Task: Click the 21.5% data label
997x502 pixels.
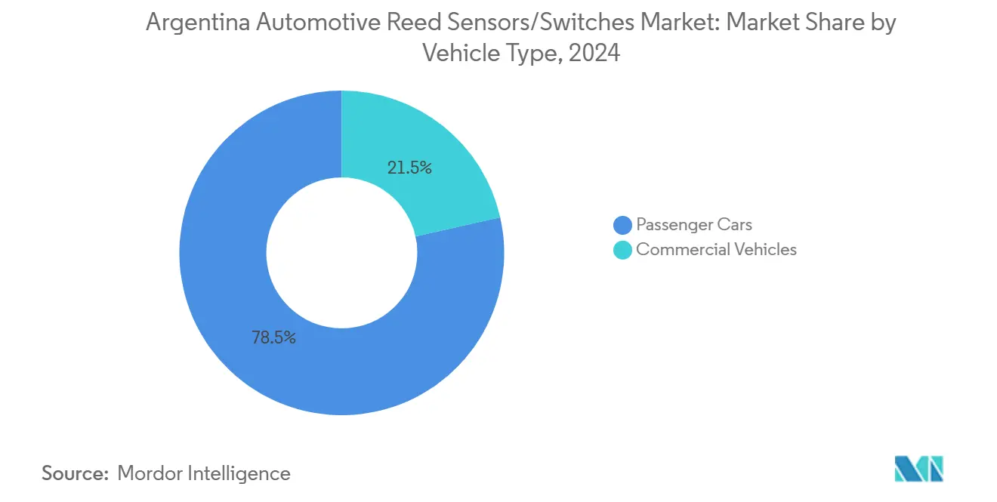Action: click(409, 168)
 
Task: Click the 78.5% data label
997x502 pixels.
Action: click(273, 337)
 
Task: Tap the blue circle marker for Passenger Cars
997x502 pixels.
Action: click(622, 225)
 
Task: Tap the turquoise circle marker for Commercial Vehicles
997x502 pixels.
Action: click(622, 250)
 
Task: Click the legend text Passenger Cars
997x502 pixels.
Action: click(694, 225)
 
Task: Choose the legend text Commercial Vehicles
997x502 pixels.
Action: click(716, 250)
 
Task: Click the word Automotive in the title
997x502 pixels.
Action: click(317, 23)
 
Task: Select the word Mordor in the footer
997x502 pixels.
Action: click(150, 473)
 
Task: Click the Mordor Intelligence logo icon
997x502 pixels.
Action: click(918, 469)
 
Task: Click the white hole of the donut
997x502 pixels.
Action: click(341, 253)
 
